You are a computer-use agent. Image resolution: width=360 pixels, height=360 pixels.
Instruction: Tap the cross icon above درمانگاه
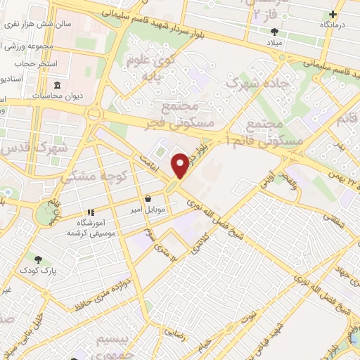click(x=333, y=14)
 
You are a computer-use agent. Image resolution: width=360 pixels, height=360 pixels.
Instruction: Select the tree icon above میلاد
click(x=274, y=31)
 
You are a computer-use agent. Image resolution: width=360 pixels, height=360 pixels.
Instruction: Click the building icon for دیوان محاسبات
click(x=57, y=86)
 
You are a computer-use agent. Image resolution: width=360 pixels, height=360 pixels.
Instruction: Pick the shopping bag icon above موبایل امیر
click(x=148, y=199)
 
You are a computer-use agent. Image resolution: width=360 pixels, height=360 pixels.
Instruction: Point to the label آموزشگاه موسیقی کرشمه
click(x=91, y=227)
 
